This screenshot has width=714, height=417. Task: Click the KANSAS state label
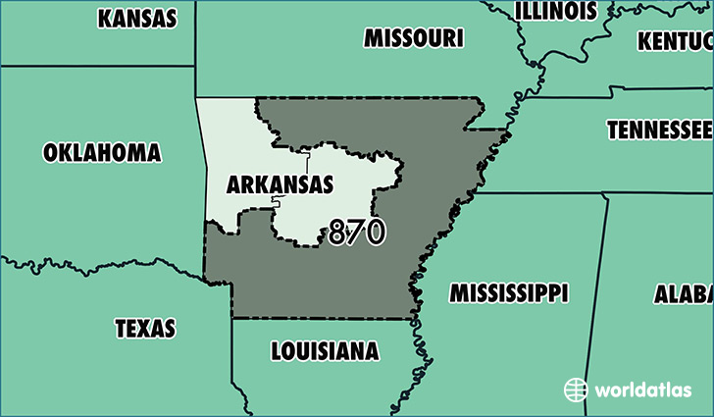137,19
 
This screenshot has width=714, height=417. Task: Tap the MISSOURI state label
413,38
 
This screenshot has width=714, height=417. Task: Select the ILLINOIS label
556,11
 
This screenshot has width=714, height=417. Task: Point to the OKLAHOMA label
102,152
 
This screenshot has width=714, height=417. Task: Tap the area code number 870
357,233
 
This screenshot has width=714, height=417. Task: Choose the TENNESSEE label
658,130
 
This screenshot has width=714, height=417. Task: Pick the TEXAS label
145,328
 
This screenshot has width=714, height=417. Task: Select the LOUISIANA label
324,350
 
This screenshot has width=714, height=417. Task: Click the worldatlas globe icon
576,390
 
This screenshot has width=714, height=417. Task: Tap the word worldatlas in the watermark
642,390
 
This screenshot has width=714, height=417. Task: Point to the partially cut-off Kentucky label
675,41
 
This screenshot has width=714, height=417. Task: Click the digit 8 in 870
338,233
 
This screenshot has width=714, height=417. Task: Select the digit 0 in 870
375,233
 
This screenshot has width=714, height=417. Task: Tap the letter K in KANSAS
104,19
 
